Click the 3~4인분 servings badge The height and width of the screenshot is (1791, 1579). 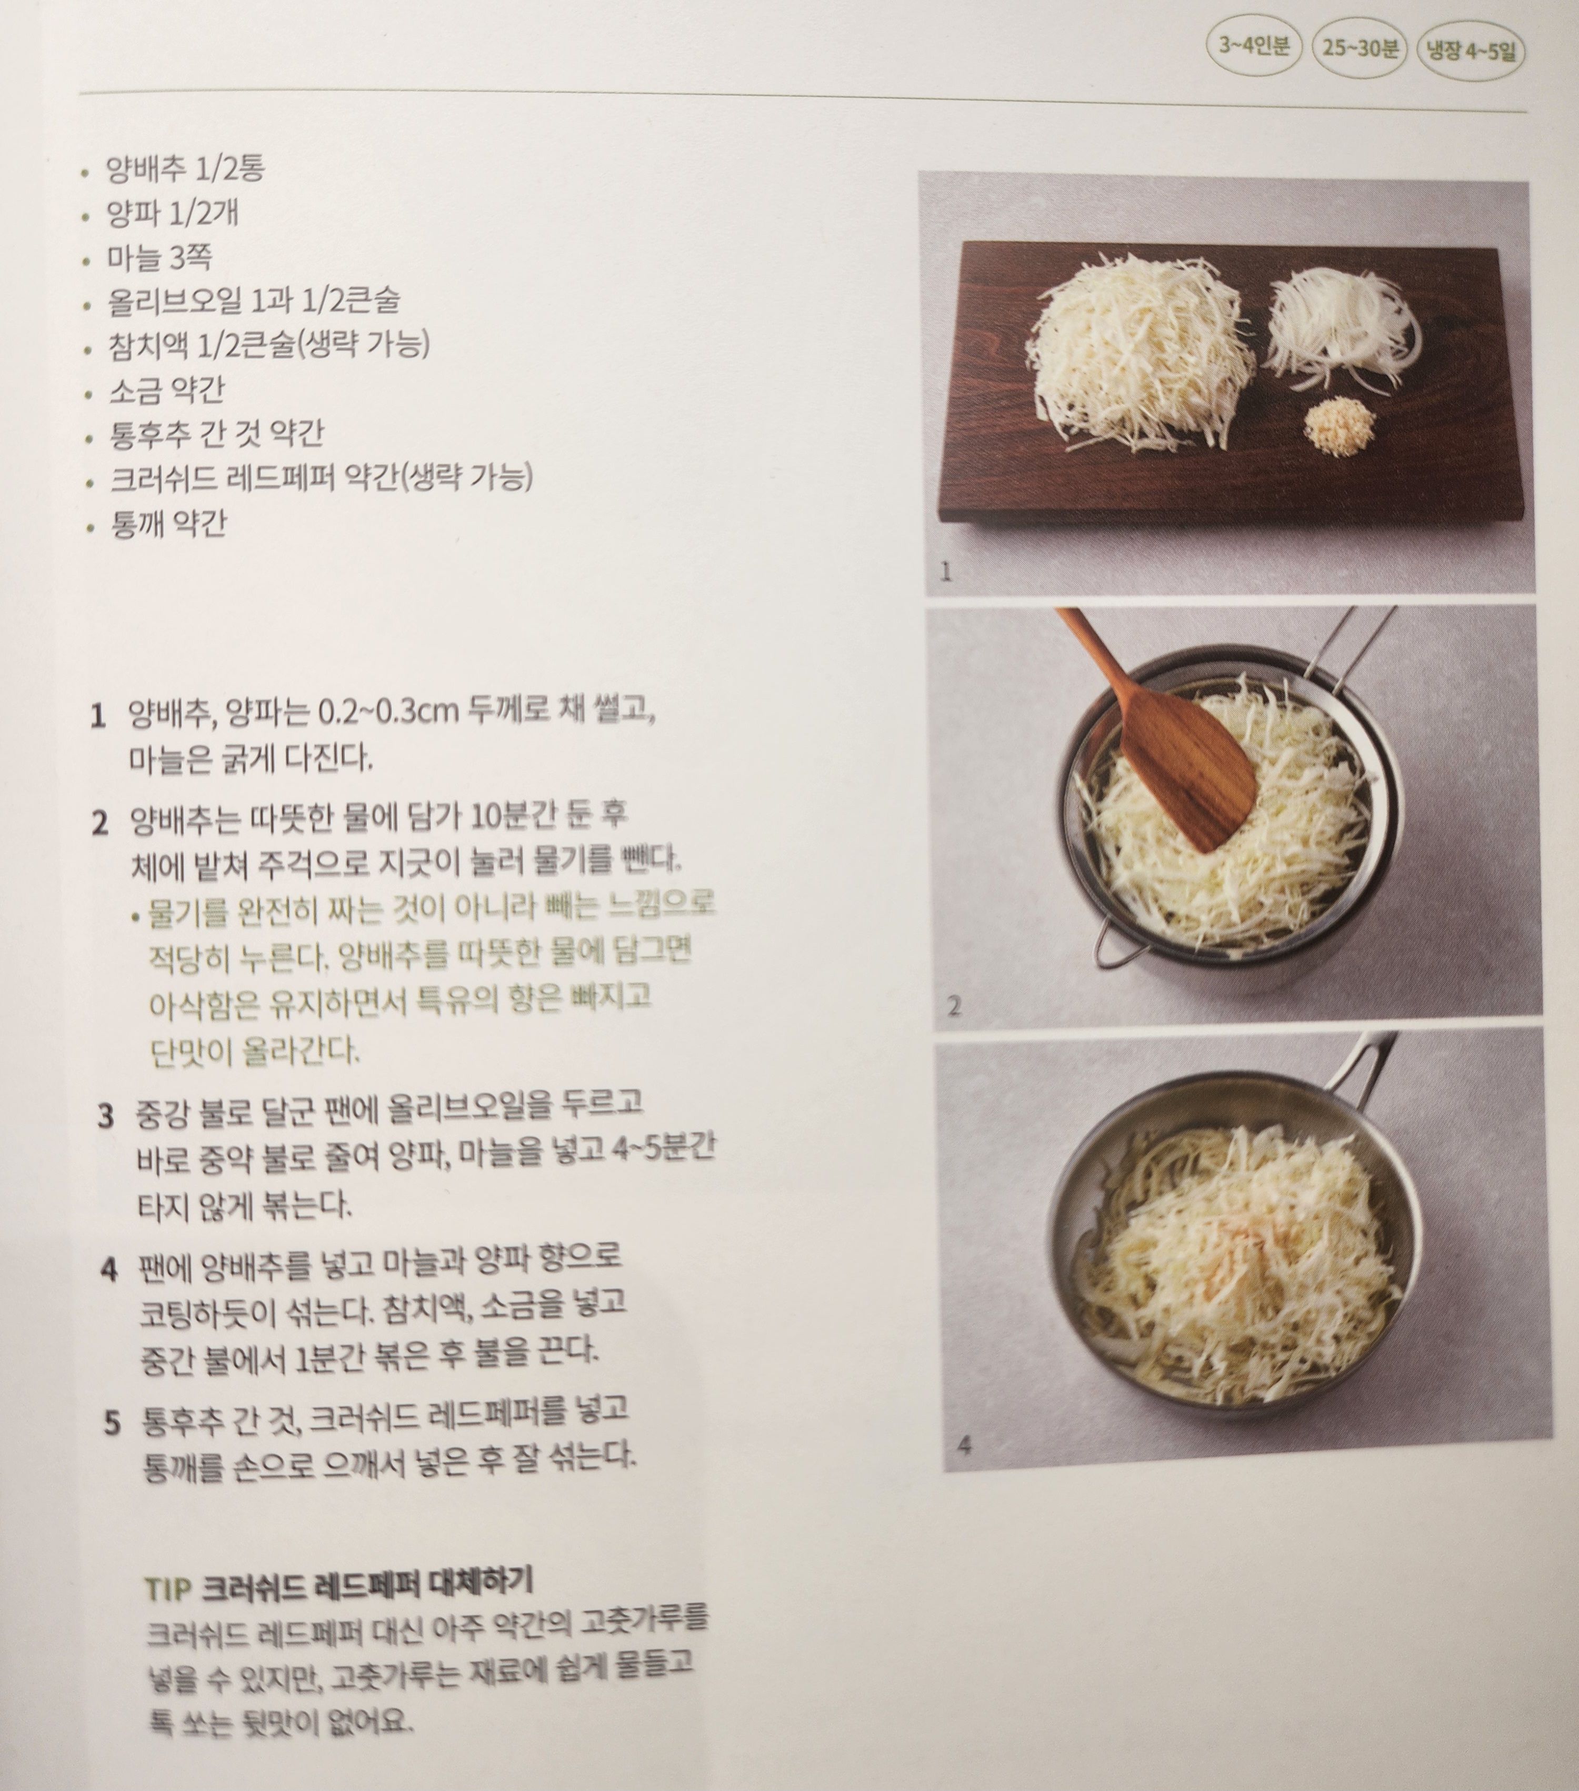coord(1254,46)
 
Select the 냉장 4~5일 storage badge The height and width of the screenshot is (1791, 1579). coord(1471,51)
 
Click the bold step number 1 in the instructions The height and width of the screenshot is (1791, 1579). coord(97,716)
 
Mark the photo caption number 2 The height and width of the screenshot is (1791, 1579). coord(954,1005)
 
